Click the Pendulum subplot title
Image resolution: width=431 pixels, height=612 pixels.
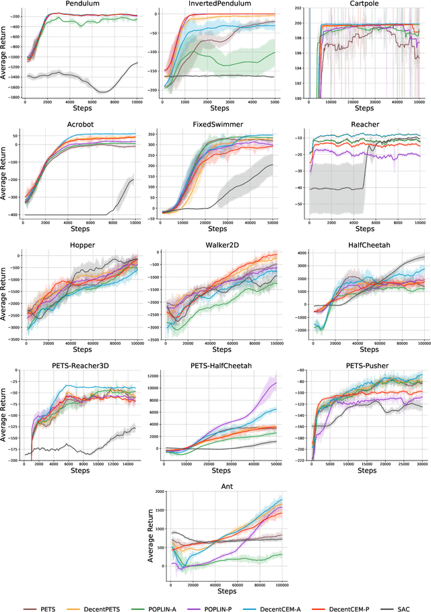(x=79, y=4)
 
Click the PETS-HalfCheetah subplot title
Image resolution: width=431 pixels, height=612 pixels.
(x=219, y=366)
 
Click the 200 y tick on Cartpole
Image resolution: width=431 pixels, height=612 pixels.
(x=298, y=24)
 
